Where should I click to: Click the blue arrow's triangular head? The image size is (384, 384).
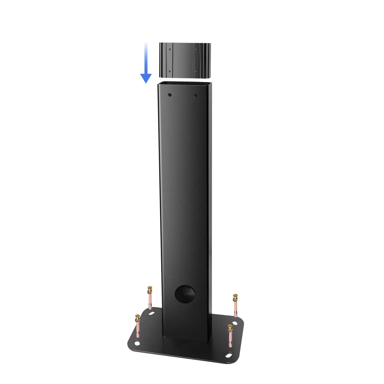(x=146, y=78)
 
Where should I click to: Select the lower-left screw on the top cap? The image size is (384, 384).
(x=169, y=71)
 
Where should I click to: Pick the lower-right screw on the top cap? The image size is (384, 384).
(x=196, y=71)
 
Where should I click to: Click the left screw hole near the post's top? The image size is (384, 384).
(x=169, y=95)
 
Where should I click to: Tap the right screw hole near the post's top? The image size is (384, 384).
(x=196, y=96)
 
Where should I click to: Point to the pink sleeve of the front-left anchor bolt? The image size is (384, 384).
(x=138, y=332)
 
